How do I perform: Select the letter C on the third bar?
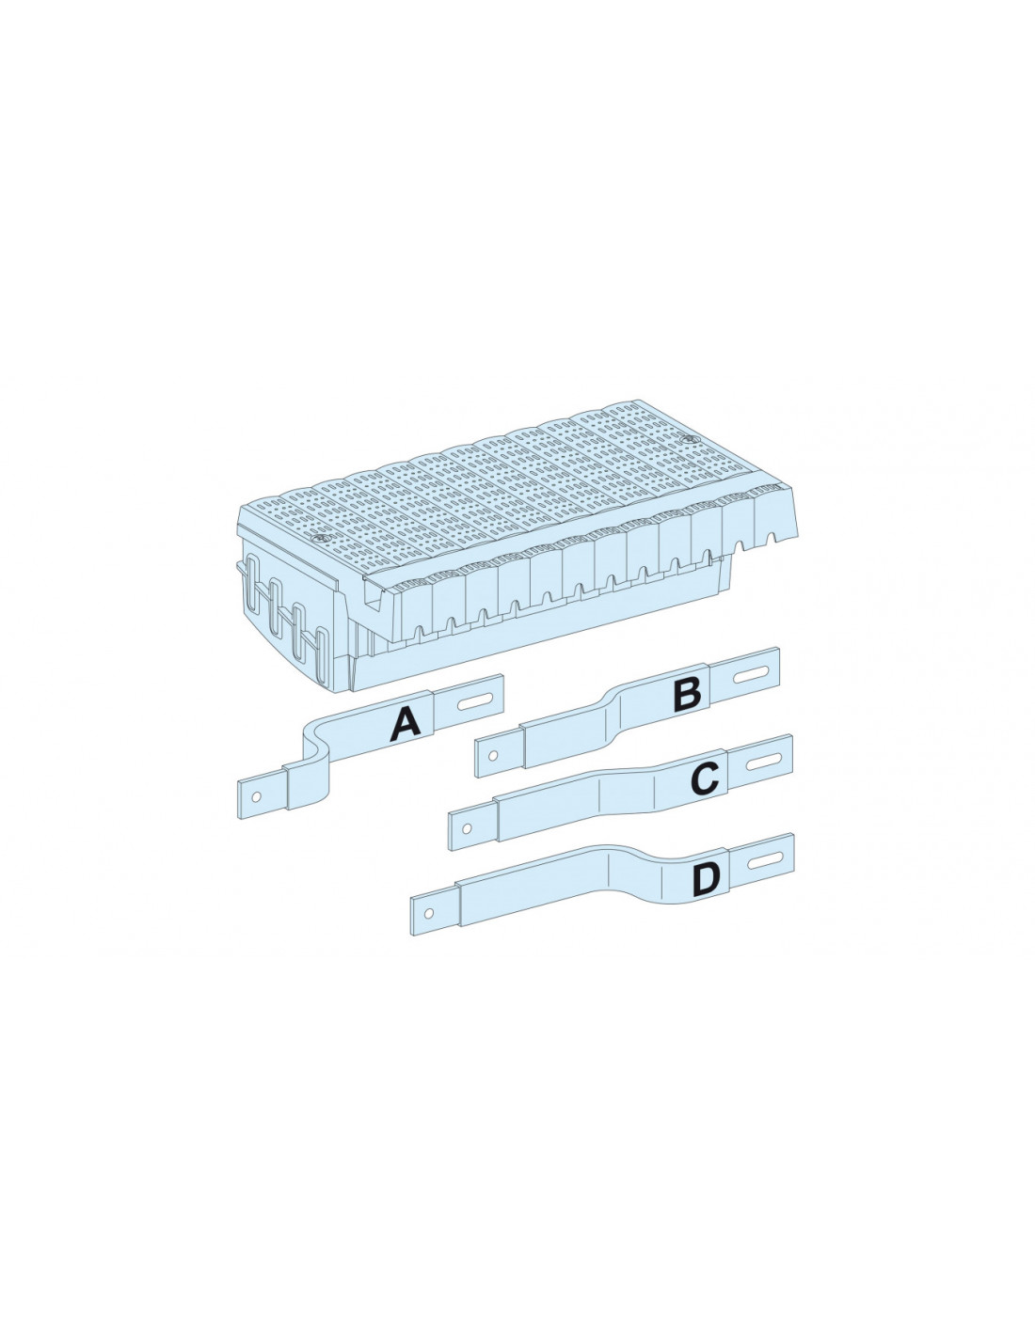point(705,778)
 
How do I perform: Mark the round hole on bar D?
point(430,913)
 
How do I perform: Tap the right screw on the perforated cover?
point(690,441)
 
